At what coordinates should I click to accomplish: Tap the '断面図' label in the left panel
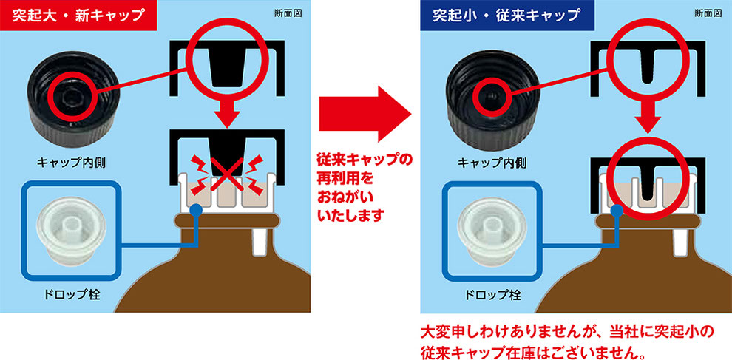tap(288, 13)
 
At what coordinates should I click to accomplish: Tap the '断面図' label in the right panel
tap(708, 13)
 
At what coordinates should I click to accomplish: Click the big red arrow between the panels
tap(365, 114)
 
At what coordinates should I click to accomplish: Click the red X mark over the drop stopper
tap(226, 174)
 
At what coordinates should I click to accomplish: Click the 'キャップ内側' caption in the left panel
tap(72, 163)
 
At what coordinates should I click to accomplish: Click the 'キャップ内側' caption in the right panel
tap(492, 163)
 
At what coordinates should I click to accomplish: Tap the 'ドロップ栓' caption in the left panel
tap(72, 295)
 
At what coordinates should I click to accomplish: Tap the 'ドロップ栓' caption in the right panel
tap(492, 295)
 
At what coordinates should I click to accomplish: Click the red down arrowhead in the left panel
tap(226, 118)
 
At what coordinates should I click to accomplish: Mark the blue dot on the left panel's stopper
tap(196, 210)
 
